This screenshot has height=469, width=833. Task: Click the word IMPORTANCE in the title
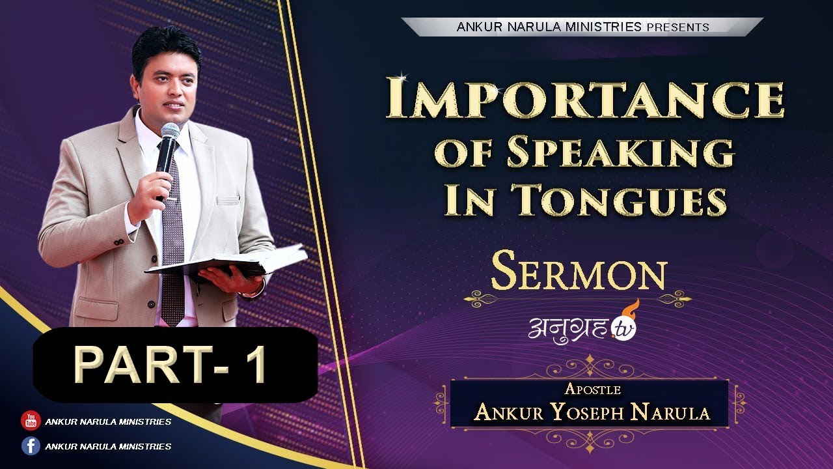point(584,99)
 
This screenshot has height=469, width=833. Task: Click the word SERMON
point(579,274)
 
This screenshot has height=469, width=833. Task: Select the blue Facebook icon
point(31,446)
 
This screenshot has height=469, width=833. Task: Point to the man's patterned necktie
point(172,254)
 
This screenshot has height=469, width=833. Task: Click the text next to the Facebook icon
point(108,446)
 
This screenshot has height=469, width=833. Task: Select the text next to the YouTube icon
point(108,421)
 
